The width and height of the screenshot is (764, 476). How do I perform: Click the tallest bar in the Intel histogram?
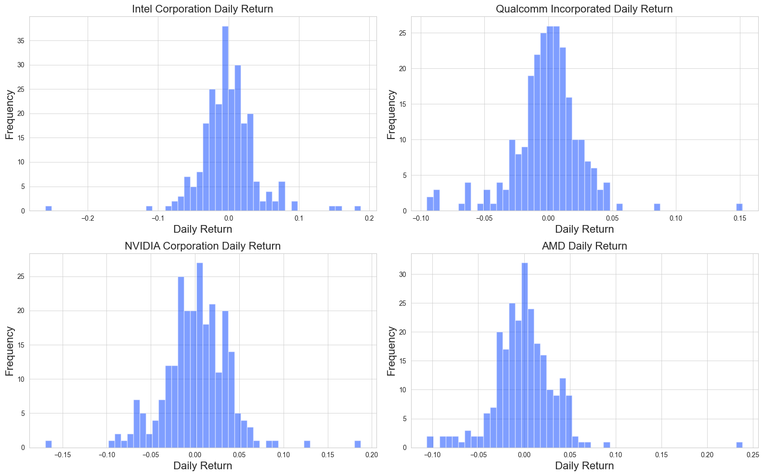[x=225, y=120]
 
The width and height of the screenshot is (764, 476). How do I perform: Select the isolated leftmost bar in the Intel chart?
[x=48, y=208]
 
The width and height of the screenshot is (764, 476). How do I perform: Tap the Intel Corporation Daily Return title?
[x=202, y=9]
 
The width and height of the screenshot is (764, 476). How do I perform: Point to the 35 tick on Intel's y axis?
[x=21, y=41]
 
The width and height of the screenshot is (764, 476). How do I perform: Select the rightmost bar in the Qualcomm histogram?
[x=739, y=207]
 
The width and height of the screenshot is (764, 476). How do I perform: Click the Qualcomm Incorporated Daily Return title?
[x=584, y=9]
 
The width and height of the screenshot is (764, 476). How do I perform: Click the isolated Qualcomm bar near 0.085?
[x=657, y=207]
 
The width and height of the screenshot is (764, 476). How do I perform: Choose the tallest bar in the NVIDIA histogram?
[x=200, y=356]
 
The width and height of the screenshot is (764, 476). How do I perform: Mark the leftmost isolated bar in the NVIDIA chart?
[x=48, y=444]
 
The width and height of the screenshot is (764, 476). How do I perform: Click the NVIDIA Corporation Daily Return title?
[x=202, y=246]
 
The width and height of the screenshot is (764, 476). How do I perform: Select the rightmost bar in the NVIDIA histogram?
[x=358, y=444]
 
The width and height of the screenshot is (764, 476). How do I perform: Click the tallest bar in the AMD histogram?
[x=525, y=356]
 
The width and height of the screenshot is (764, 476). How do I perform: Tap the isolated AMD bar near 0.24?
[x=739, y=445]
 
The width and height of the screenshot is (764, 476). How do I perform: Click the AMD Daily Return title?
[x=584, y=246]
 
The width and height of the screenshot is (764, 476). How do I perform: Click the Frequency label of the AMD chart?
[x=391, y=351]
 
